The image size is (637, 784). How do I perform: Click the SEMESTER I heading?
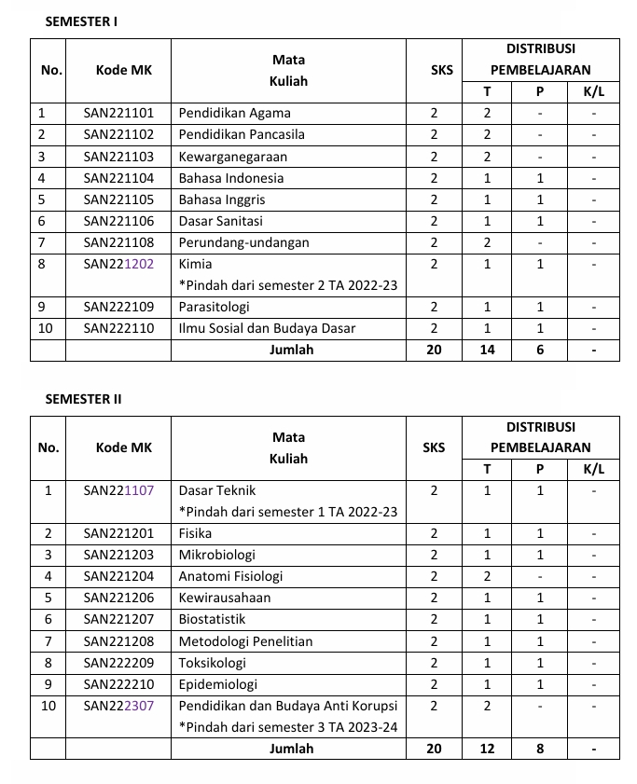click(x=81, y=21)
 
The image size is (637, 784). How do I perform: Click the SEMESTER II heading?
click(x=83, y=399)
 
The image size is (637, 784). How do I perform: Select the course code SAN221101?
click(x=118, y=113)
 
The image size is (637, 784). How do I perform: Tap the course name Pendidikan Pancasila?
click(x=242, y=134)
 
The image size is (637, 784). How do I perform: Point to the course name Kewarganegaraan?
click(x=233, y=157)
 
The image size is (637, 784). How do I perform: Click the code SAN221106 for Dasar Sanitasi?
click(x=118, y=221)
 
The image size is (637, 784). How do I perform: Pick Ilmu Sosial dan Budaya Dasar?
click(x=267, y=328)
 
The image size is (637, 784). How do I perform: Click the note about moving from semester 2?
click(x=288, y=285)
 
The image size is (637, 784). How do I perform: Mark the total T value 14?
click(x=487, y=350)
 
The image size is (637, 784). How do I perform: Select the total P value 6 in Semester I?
click(x=539, y=350)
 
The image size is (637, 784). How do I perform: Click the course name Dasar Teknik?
click(x=217, y=490)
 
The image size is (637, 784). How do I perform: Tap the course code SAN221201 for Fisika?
click(x=118, y=533)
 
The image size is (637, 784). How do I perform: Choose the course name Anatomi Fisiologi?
click(x=230, y=576)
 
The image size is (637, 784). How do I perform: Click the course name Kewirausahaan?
click(x=225, y=598)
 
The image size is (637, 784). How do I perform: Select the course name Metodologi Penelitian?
click(x=245, y=641)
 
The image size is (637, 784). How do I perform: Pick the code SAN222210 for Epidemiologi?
click(x=118, y=684)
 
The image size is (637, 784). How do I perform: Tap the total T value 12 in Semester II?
click(x=487, y=749)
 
